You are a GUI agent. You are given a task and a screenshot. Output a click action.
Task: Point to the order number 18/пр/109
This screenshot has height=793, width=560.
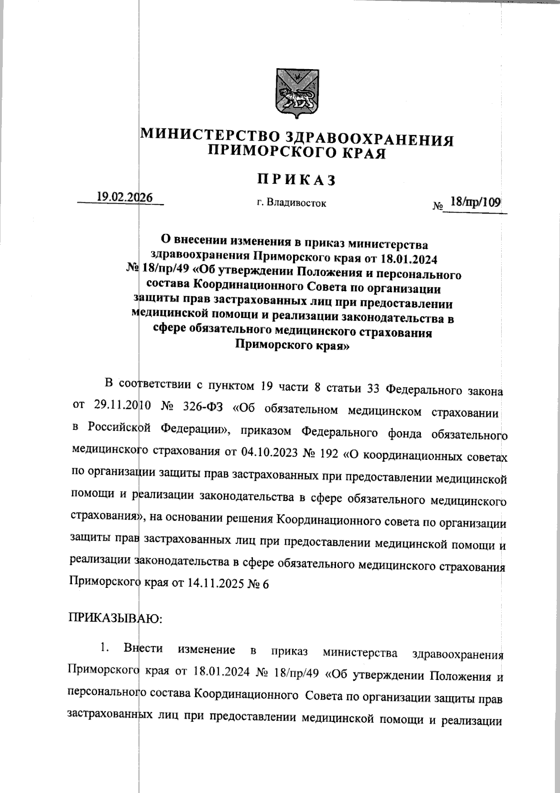[474, 202]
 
